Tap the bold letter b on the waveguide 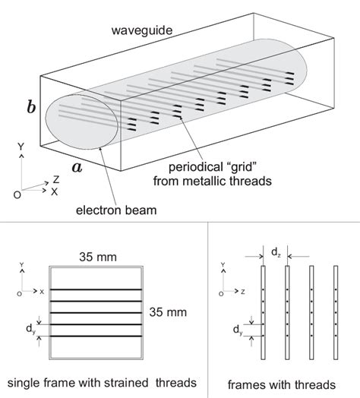coord(31,107)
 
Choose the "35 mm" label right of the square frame coord(173,310)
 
